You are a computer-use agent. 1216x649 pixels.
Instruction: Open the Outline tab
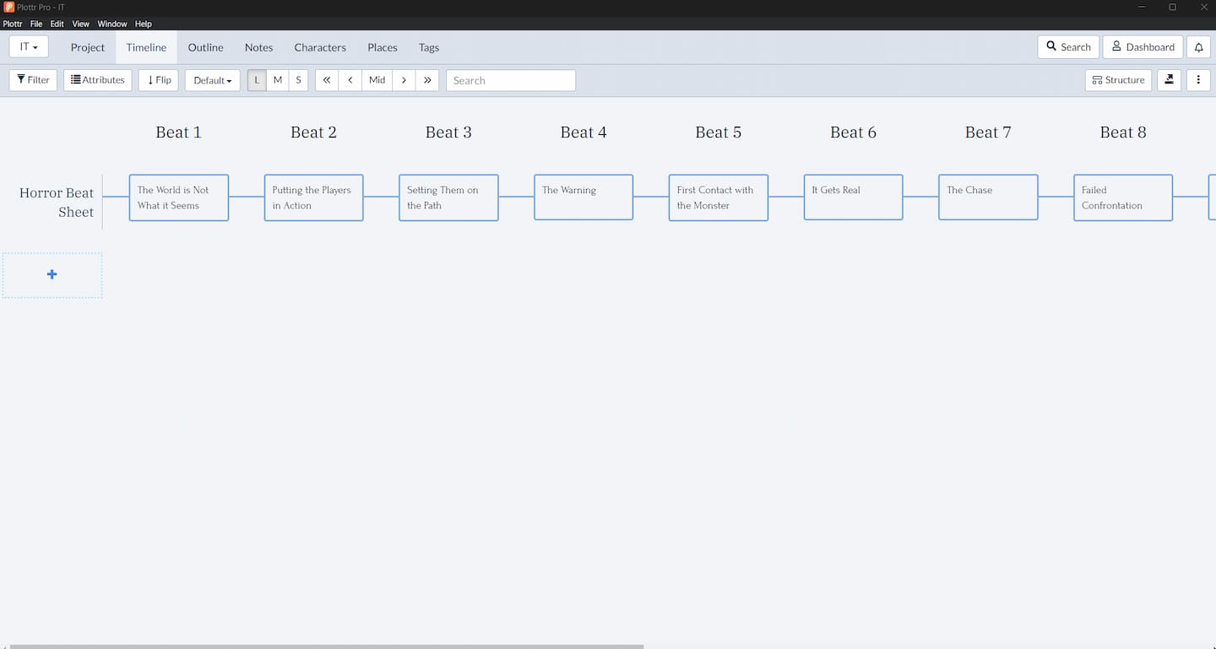205,47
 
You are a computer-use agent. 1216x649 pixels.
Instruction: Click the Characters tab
320,47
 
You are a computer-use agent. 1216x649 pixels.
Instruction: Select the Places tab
383,47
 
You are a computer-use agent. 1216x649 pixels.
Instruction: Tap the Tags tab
428,47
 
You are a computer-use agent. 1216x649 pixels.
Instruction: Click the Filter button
33,80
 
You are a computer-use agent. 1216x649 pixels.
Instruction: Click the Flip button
159,80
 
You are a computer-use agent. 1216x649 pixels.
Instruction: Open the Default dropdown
212,80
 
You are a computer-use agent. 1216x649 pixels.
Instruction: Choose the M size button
277,80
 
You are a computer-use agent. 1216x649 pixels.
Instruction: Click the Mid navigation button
377,80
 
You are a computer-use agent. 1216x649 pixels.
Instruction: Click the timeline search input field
511,80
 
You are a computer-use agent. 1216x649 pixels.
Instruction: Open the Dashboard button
1143,46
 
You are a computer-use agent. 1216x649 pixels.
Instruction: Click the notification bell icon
1198,47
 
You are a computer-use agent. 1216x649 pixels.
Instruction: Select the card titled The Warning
583,197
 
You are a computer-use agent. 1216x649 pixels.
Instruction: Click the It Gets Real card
853,197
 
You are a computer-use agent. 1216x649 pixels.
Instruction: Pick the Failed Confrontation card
1122,197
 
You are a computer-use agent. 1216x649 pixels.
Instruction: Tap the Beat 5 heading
718,132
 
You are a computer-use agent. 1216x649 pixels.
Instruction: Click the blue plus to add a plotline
52,274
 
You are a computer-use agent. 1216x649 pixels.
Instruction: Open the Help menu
144,24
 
